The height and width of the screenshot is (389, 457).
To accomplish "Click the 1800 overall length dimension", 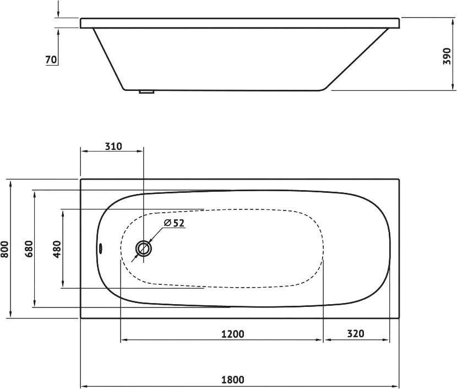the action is point(232,380).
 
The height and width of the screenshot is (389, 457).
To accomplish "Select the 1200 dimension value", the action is point(232,333).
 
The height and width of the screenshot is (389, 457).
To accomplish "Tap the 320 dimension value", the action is point(355,333).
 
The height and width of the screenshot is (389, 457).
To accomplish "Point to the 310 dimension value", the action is point(113,146).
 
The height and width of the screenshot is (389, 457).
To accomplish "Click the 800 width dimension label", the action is point(4,249).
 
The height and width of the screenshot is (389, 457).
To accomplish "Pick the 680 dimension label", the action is point(29,248).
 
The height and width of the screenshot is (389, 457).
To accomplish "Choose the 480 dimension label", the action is point(57,249).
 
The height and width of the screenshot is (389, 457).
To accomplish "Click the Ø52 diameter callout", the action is point(175,223).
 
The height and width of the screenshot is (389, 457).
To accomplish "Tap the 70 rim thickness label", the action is point(51,60).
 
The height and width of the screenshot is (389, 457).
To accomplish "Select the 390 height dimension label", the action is point(447,56).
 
